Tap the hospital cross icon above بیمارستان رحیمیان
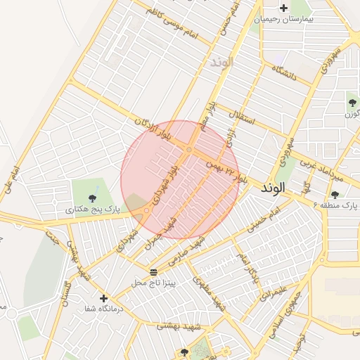pos(283,8)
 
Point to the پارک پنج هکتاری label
pos(92,210)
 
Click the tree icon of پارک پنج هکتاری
pos(94,196)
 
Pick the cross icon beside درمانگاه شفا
pos(104,298)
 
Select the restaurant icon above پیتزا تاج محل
pos(153,272)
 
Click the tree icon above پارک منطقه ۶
pos(335,195)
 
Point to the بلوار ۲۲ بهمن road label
pos(226,171)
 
